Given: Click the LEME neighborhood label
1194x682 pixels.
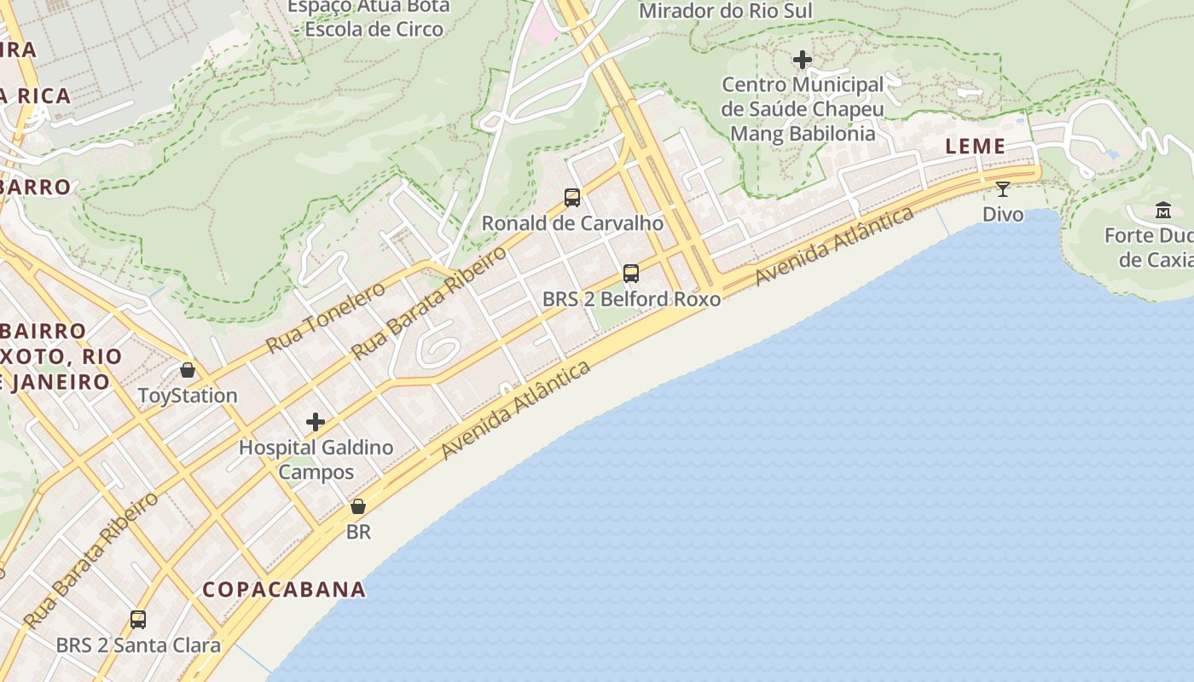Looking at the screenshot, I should [975, 147].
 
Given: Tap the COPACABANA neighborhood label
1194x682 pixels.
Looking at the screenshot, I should [284, 589].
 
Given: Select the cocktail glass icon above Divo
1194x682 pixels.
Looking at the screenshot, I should [1003, 188].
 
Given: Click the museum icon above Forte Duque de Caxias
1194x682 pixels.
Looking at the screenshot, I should [1163, 210].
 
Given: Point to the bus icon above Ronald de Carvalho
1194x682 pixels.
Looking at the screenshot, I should [572, 198].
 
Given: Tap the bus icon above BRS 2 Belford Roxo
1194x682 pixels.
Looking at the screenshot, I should [631, 274].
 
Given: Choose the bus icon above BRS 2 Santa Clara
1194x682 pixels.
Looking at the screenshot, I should [138, 620].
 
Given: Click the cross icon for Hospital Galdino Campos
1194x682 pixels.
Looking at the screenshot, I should [316, 422].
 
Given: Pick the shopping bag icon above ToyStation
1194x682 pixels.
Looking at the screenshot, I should [188, 370].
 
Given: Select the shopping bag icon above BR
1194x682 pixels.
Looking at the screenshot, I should [358, 506].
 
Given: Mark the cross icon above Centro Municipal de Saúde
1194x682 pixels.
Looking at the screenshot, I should [803, 60].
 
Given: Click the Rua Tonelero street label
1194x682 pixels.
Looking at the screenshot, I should [325, 318].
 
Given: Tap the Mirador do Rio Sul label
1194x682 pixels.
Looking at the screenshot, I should [725, 11].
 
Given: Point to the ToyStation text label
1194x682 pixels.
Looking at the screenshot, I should [188, 396].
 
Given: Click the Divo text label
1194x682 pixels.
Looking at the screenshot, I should [1003, 214].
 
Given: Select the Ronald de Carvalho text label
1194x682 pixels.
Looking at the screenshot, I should [572, 223].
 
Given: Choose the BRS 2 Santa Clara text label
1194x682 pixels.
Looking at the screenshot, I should [138, 645].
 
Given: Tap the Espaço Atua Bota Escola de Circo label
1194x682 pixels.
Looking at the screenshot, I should [368, 18].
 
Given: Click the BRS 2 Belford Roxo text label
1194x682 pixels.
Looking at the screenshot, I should [631, 299].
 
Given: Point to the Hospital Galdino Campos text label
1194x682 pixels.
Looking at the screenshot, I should [316, 459].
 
